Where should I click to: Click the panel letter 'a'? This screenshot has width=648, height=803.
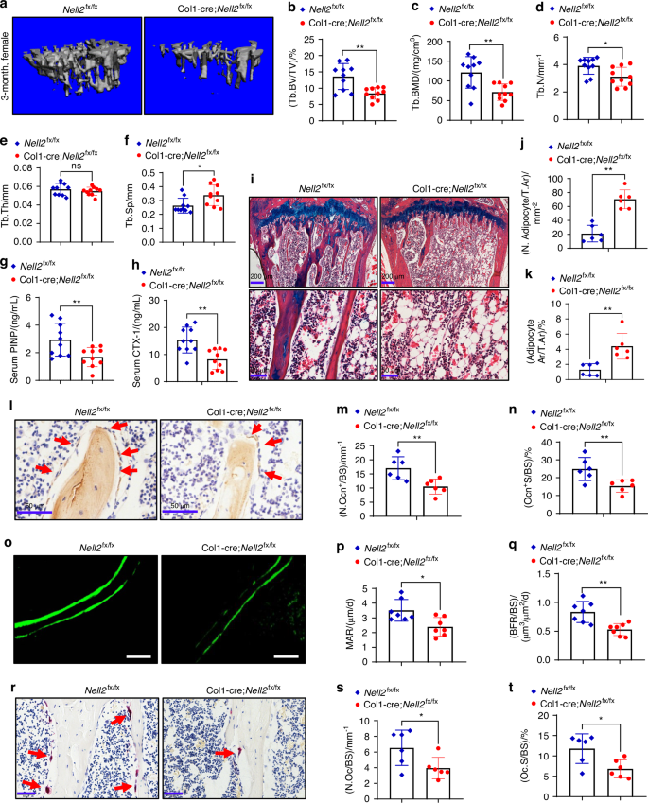click(7, 9)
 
